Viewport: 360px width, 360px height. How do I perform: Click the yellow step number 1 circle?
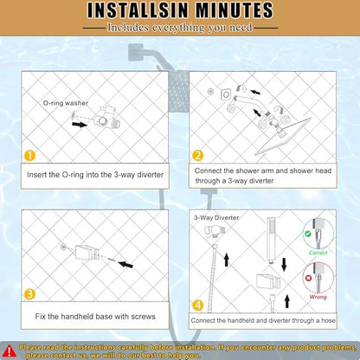pyautogui.click(x=29, y=156)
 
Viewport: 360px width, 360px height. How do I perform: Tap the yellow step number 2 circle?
pyautogui.click(x=198, y=156)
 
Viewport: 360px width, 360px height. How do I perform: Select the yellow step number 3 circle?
pyautogui.click(x=29, y=294)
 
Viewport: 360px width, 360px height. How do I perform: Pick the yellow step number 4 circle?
pyautogui.click(x=198, y=305)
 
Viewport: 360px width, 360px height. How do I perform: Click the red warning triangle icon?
pyautogui.click(x=9, y=350)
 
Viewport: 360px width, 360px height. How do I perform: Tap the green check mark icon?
pyautogui.click(x=308, y=234)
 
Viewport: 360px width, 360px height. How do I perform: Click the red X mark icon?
pyautogui.click(x=309, y=279)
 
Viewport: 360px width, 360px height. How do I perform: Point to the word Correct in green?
pyautogui.click(x=318, y=253)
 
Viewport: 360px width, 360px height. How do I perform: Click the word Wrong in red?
pyautogui.click(x=318, y=297)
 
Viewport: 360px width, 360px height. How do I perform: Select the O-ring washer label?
pyautogui.click(x=66, y=103)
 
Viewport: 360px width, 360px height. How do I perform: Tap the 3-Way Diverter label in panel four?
pyautogui.click(x=216, y=217)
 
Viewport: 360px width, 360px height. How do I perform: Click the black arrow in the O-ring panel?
pyautogui.click(x=80, y=125)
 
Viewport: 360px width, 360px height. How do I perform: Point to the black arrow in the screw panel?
pyautogui.click(x=125, y=264)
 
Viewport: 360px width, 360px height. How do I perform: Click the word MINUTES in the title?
pyautogui.click(x=235, y=10)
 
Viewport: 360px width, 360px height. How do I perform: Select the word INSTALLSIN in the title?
pyautogui.click(x=138, y=10)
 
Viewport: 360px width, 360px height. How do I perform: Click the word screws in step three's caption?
pyautogui.click(x=143, y=317)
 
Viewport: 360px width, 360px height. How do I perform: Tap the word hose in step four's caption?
pyautogui.click(x=328, y=320)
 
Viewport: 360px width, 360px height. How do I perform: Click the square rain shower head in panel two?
pyautogui.click(x=284, y=136)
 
